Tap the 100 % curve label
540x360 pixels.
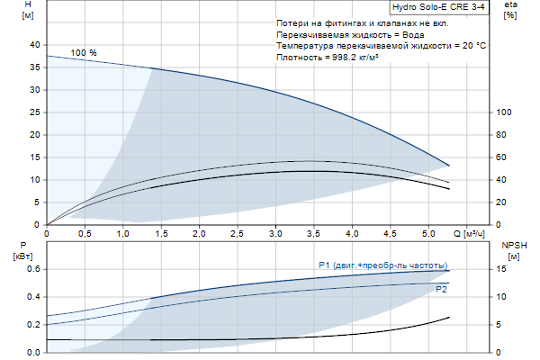pyautogui.click(x=84, y=53)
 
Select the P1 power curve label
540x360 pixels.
pyautogui.click(x=382, y=265)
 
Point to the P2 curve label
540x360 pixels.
pyautogui.click(x=441, y=290)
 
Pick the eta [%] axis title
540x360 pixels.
pyautogui.click(x=511, y=11)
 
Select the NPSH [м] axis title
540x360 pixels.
pyautogui.click(x=513, y=250)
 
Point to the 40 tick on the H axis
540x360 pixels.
pyautogui.click(x=35, y=45)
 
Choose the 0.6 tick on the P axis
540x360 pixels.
pyautogui.click(x=33, y=269)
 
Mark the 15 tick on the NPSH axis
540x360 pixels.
pyautogui.click(x=504, y=269)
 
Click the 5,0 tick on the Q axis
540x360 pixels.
pyautogui.click(x=428, y=234)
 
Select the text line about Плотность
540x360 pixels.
pyautogui.click(x=332, y=57)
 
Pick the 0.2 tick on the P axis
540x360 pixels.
pyautogui.click(x=33, y=325)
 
